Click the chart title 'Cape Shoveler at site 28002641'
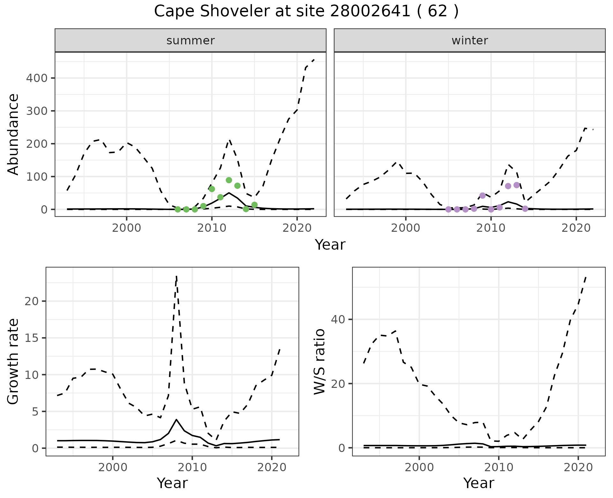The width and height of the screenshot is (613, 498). pos(306,11)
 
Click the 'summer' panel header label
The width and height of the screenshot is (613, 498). pos(191,41)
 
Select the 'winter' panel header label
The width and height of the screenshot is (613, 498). pos(470,41)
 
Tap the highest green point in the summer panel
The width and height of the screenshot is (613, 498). pos(229,180)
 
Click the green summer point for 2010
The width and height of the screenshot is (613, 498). pos(212,189)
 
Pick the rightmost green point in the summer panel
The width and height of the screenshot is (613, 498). pos(254,205)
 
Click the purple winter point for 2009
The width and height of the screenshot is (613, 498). pos(482,195)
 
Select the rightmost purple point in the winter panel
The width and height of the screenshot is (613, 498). pos(525,209)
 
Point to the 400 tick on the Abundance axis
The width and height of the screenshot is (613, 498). pos(37,78)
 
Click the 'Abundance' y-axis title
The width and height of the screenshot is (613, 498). pos(13,134)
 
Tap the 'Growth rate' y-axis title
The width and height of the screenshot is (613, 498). pos(13,361)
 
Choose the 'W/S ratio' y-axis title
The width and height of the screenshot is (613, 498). pos(319,361)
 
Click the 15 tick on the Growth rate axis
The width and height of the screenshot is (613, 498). pos(31,338)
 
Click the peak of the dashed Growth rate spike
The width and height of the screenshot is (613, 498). pos(177,276)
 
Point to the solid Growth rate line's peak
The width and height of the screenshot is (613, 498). pos(177,419)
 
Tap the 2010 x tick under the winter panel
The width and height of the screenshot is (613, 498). pos(491,228)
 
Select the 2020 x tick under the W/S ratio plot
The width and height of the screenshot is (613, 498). pos(578,468)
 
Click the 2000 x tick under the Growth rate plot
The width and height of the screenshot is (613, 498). pos(112,468)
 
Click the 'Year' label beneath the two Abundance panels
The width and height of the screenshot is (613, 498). pos(330,245)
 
